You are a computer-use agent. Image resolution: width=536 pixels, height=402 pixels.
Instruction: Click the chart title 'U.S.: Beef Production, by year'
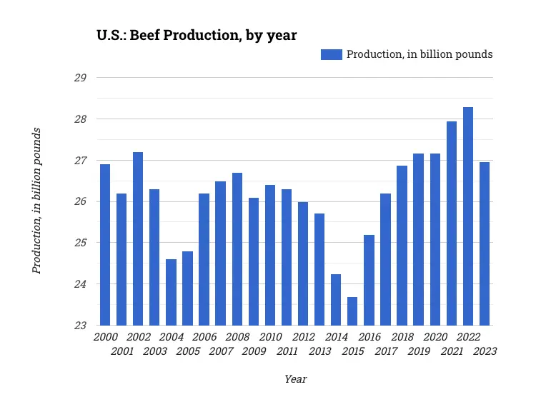coord(197,35)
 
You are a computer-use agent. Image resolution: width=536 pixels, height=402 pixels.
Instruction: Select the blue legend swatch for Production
coord(331,54)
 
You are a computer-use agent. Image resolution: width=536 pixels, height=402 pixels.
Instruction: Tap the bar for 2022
coord(468,216)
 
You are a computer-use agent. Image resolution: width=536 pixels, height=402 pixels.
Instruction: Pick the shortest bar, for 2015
coord(352,311)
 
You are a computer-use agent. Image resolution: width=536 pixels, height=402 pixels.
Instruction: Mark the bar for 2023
coord(485,243)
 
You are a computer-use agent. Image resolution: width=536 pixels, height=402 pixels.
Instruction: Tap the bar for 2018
coord(402,246)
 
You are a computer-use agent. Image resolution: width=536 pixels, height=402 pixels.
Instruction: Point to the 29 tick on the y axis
coord(80,78)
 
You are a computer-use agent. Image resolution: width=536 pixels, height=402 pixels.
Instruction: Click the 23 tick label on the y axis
coord(80,326)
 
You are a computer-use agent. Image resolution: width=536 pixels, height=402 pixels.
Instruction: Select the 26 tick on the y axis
coord(80,202)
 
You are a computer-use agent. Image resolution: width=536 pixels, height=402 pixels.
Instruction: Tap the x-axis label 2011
coord(287,351)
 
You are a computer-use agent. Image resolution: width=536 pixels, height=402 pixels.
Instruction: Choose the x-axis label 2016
coord(369,337)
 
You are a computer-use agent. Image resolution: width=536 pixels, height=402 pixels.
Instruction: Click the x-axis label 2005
coord(188,351)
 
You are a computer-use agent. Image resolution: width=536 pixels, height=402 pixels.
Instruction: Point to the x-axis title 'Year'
coord(295,379)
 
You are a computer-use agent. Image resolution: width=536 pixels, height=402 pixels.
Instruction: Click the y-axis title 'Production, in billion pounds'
coord(37,201)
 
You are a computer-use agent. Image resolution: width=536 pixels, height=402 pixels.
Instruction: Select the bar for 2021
coord(452,223)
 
